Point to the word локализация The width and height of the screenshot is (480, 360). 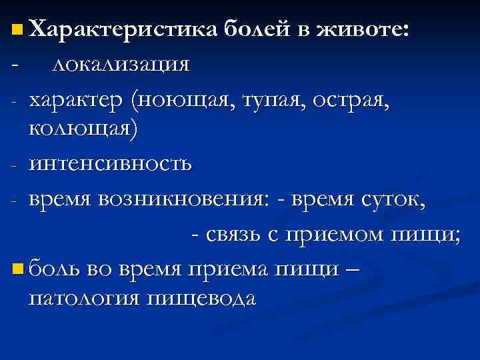[121, 64]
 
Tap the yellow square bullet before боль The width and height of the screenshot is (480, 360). [16, 269]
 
